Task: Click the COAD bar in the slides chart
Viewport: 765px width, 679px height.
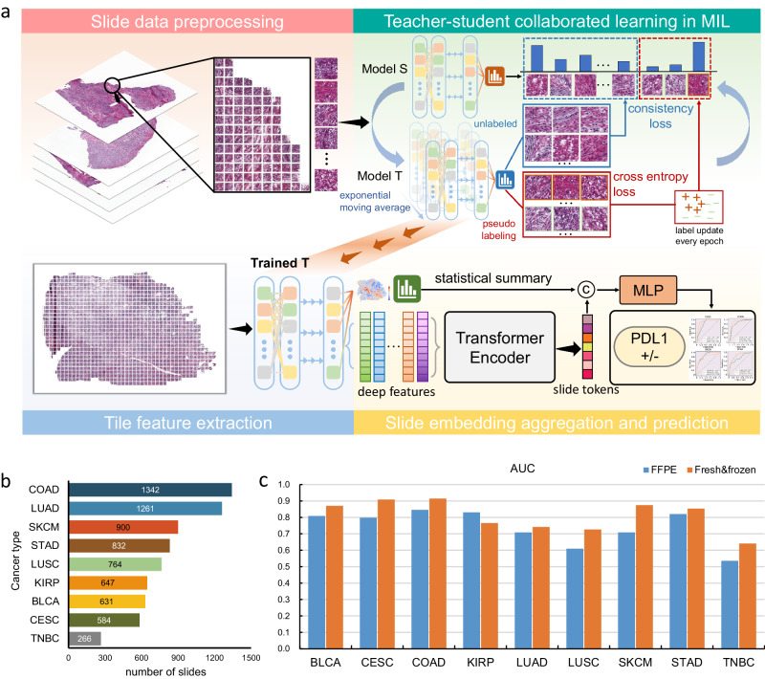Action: pos(150,490)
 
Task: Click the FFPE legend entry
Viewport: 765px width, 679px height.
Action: pos(657,471)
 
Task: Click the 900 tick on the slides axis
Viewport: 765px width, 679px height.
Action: pos(178,657)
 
